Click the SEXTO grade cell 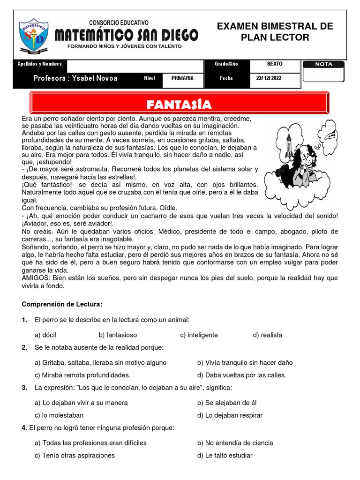(275, 64)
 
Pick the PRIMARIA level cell (182, 78)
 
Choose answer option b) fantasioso (118, 335)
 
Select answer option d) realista (268, 335)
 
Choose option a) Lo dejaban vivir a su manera (81, 403)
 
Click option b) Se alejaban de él (227, 403)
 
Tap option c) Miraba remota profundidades (82, 375)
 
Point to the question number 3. (24, 388)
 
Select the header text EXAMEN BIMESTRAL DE (275, 26)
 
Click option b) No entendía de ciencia (235, 442)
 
